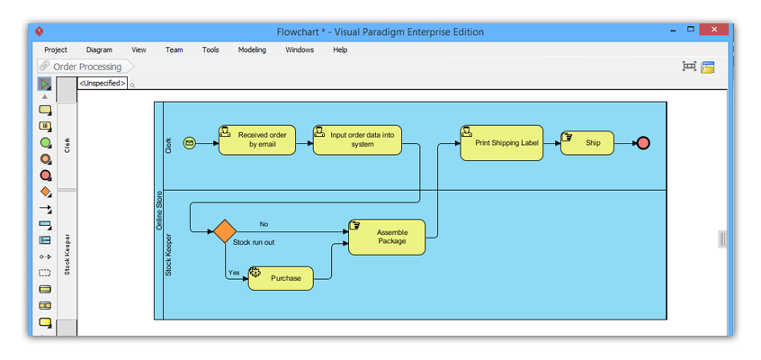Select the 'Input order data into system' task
point(357,140)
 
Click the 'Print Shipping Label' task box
point(501,143)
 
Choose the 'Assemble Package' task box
point(387,237)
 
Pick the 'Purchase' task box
point(281,278)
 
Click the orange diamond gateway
point(225,231)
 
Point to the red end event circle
point(642,142)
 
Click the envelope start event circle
point(189,142)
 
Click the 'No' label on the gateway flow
point(264,224)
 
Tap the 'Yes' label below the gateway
point(234,272)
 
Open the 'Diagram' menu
point(99,50)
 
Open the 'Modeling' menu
point(252,50)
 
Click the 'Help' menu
point(340,50)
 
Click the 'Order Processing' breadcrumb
point(85,67)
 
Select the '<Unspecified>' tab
point(102,84)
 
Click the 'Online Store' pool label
point(160,210)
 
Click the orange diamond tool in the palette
point(45,192)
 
